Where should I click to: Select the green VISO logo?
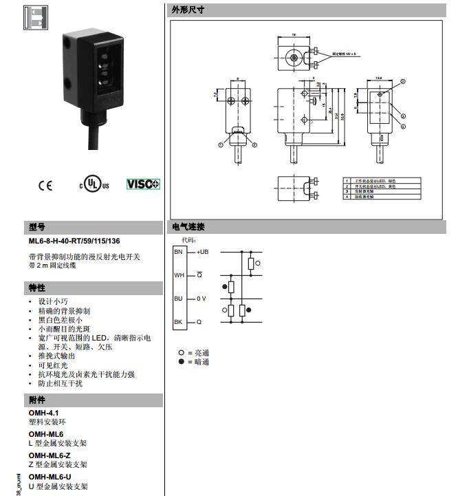[x=143, y=184]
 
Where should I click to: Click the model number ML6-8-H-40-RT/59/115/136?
[x=74, y=241]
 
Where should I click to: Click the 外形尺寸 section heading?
[x=187, y=10]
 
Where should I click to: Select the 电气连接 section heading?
[x=187, y=227]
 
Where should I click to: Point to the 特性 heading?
[x=36, y=287]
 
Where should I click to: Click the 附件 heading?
[x=36, y=400]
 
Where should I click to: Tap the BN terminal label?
[x=179, y=252]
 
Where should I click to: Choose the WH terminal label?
[x=179, y=275]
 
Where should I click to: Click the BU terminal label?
[x=179, y=299]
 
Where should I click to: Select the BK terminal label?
[x=179, y=322]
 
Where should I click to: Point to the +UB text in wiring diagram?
[x=203, y=252]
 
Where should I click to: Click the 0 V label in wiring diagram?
[x=201, y=299]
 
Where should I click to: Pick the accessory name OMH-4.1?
[x=43, y=412]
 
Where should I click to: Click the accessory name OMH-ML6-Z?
[x=50, y=455]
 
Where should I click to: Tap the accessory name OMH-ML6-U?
[x=50, y=477]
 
